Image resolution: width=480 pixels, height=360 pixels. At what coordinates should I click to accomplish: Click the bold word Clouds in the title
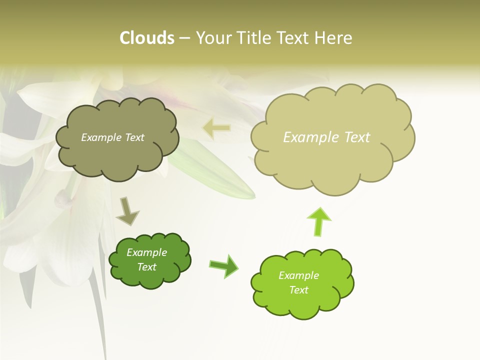pyautogui.click(x=147, y=38)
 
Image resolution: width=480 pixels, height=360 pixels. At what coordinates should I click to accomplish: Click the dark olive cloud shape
pyautogui.click(x=117, y=155)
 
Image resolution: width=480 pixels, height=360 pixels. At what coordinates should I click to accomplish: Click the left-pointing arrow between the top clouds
pyautogui.click(x=216, y=128)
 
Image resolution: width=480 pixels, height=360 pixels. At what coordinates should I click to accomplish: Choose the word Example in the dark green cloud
pyautogui.click(x=147, y=252)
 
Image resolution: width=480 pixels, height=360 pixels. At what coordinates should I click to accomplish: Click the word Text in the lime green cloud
pyautogui.click(x=299, y=290)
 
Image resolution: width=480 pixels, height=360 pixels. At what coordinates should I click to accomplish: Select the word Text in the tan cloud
pyautogui.click(x=357, y=137)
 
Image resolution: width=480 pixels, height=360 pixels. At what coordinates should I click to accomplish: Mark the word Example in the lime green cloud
pyautogui.click(x=299, y=275)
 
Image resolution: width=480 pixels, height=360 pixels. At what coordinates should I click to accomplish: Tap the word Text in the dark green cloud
pyautogui.click(x=147, y=267)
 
